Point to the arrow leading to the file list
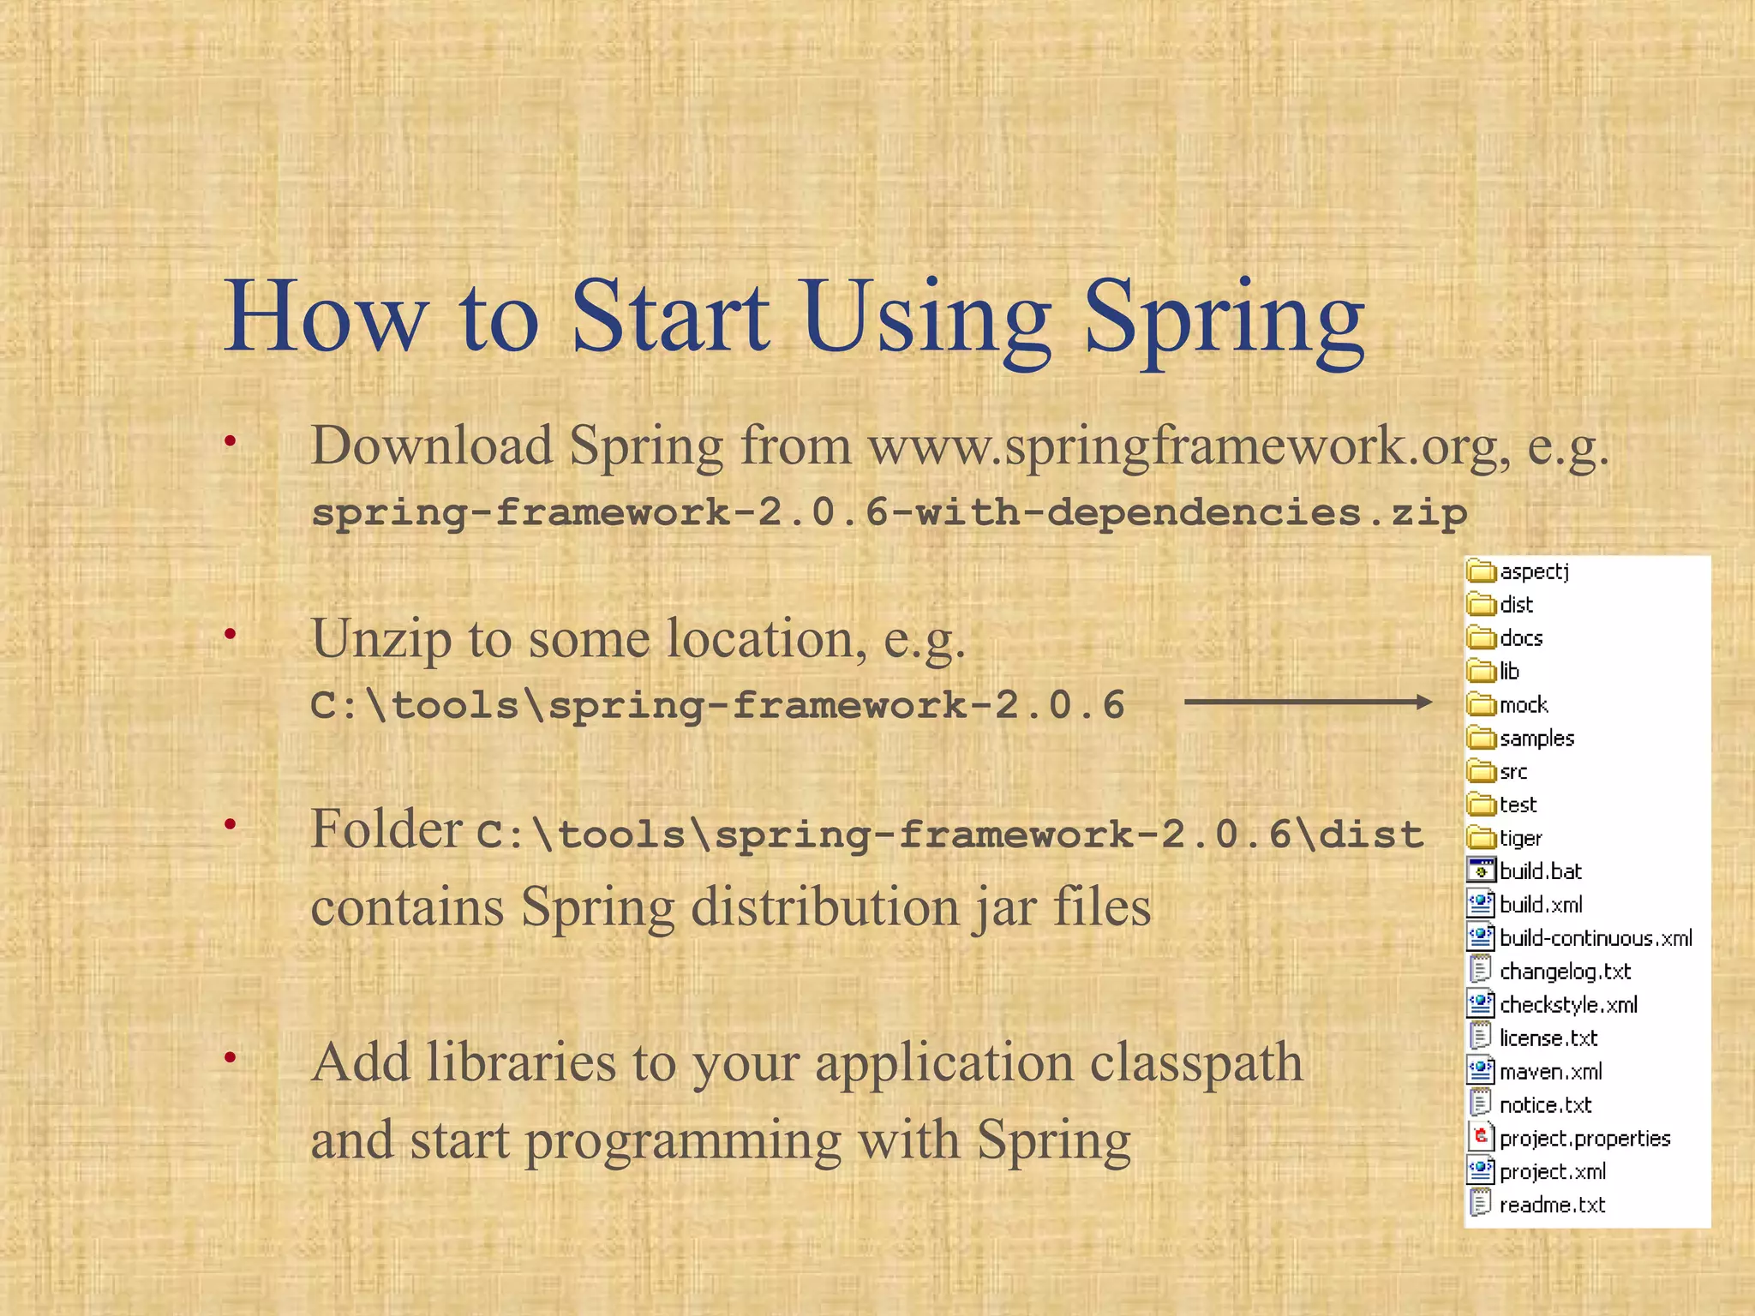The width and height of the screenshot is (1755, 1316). pyautogui.click(x=1307, y=703)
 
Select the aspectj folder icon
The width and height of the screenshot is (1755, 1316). pyautogui.click(x=1481, y=571)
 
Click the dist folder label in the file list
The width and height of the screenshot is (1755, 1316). pyautogui.click(x=1516, y=605)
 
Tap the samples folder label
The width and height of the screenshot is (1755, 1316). pyautogui.click(x=1536, y=738)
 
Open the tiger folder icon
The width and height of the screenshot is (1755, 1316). pyautogui.click(x=1481, y=837)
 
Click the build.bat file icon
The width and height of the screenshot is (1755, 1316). pyautogui.click(x=1481, y=870)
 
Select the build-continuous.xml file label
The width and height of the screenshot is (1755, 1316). pyautogui.click(x=1596, y=938)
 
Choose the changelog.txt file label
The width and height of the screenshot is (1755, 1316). pyautogui.click(x=1565, y=972)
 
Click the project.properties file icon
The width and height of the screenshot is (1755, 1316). pyautogui.click(x=1481, y=1138)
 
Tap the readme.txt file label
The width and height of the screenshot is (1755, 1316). pyautogui.click(x=1552, y=1205)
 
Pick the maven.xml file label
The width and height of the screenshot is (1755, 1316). pyautogui.click(x=1550, y=1072)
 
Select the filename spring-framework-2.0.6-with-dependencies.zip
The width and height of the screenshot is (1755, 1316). pyautogui.click(x=889, y=512)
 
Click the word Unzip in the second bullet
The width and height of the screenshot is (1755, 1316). pyautogui.click(x=380, y=639)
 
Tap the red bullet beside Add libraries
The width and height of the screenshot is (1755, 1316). pyautogui.click(x=230, y=1058)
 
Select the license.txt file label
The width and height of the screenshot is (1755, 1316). pyautogui.click(x=1548, y=1038)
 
